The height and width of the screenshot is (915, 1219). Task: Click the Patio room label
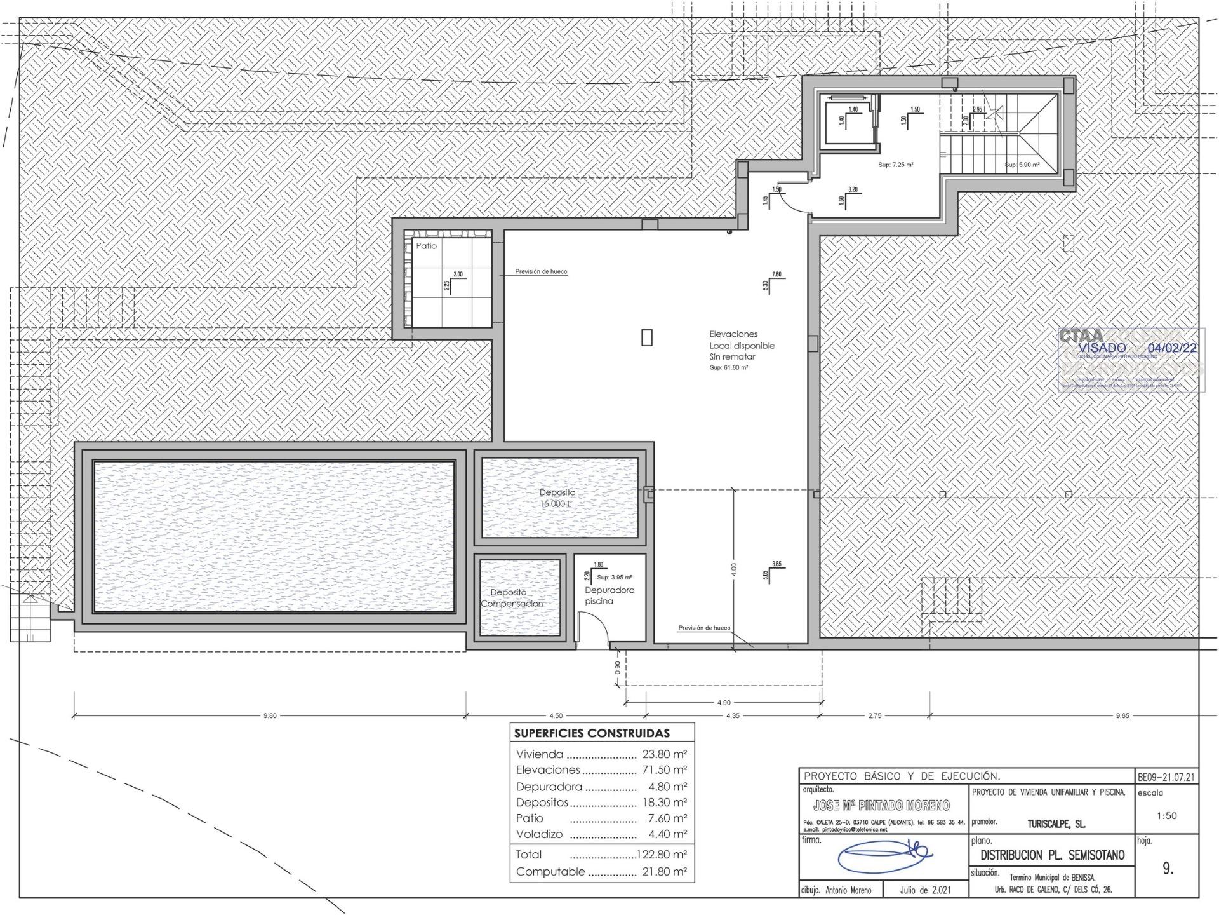coord(426,246)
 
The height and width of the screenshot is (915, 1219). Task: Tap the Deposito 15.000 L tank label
coord(557,498)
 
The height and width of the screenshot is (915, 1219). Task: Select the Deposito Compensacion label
coord(512,598)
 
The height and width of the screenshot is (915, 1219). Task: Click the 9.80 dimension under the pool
coord(270,715)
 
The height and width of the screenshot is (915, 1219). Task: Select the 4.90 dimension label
coord(724,703)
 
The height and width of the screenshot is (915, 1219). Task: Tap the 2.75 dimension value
coord(874,715)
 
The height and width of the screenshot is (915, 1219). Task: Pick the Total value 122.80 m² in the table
coord(662,854)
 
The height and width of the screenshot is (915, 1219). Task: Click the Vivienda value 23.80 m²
coord(664,755)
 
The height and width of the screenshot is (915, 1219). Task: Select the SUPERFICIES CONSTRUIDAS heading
coord(592,733)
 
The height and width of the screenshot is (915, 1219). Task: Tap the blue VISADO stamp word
coord(1102,348)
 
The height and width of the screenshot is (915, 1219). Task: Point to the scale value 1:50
coord(1166,816)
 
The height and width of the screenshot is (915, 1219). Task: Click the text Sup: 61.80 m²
coord(728,368)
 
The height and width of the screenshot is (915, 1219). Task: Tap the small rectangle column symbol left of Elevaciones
coord(646,337)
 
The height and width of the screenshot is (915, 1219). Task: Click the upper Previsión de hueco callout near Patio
coord(541,271)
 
